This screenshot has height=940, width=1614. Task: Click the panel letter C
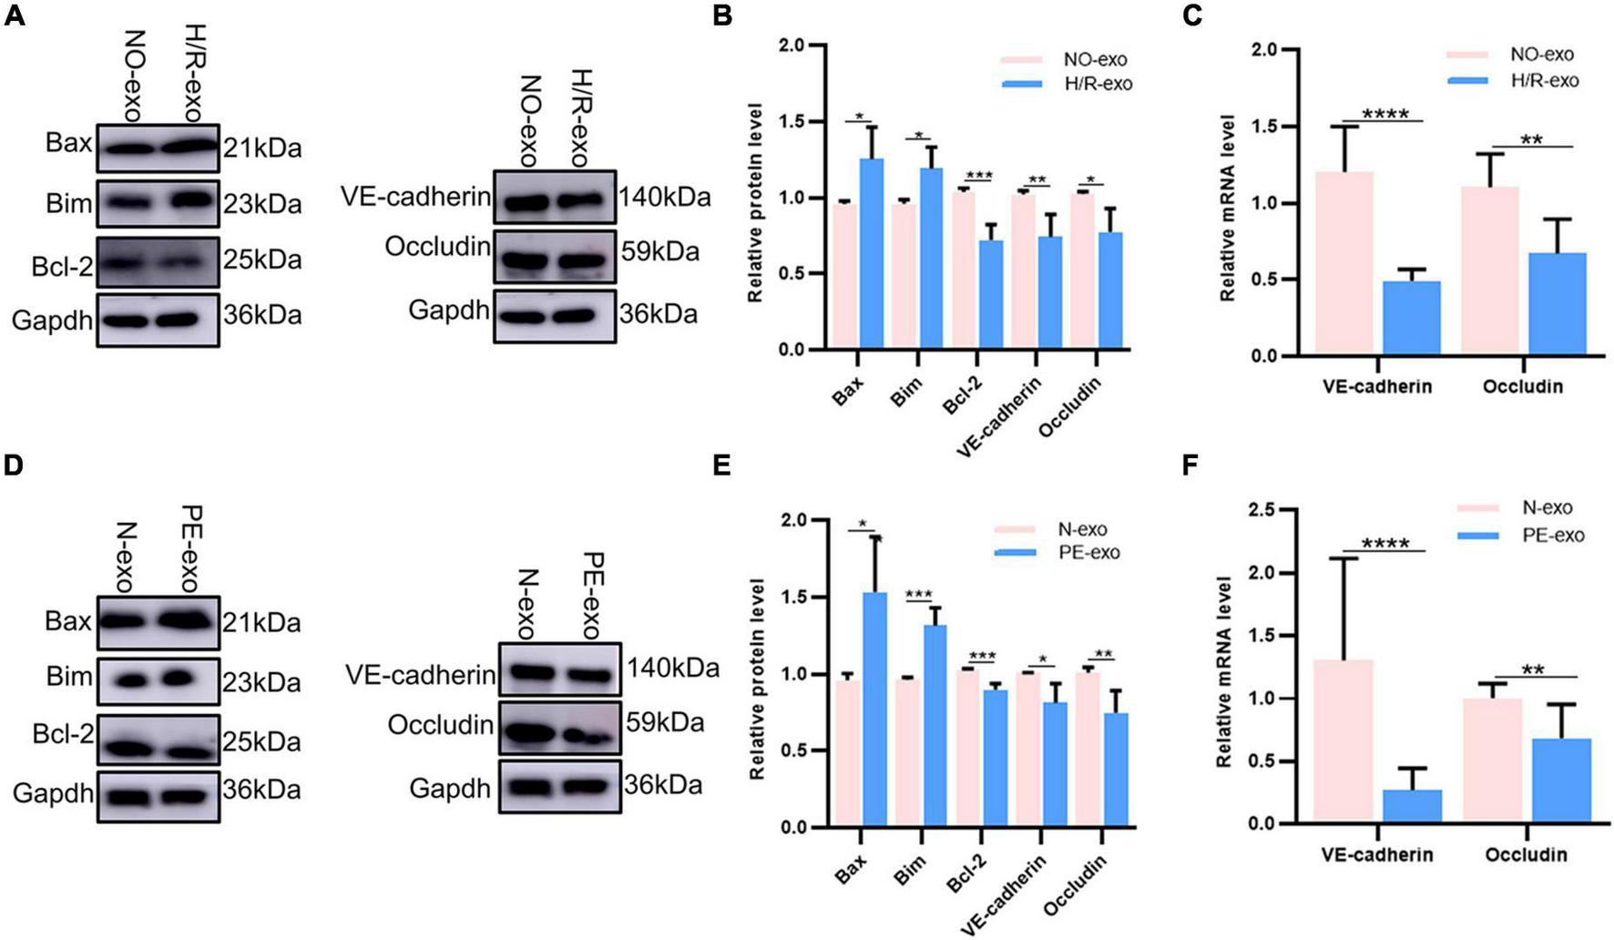1191,15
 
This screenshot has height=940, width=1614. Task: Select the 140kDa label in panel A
665,198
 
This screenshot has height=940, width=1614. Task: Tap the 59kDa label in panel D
665,723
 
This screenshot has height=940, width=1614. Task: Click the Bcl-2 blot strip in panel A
158,261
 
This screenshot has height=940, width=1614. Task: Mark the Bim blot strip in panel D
158,679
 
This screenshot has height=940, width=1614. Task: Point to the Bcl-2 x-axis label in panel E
965,875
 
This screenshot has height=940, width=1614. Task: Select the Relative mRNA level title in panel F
1225,670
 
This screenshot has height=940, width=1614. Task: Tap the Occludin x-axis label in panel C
1522,386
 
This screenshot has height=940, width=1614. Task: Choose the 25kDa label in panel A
263,261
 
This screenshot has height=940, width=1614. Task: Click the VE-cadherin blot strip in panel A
554,198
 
